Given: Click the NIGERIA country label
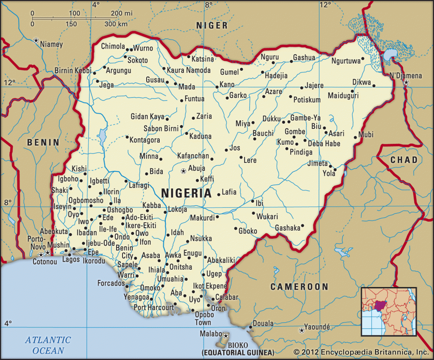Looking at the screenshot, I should point(186,193).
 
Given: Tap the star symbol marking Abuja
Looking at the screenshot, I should point(183,171).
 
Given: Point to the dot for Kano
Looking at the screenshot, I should point(217,87).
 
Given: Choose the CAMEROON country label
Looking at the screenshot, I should point(300,287).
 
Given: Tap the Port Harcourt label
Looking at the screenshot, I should point(153,307).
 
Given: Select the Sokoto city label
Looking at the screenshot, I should point(138,60).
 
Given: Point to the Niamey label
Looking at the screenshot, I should point(52,44).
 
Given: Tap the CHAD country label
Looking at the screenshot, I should point(403,160).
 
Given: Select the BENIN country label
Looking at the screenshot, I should point(43,142).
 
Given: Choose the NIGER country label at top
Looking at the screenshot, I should point(211,26).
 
